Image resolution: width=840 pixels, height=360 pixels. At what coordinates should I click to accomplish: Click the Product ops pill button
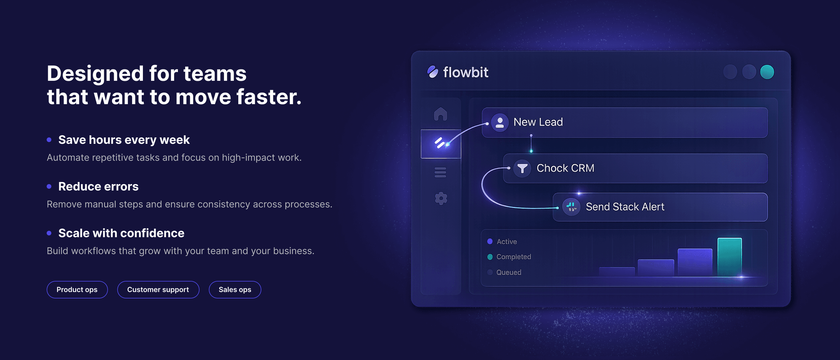[77, 290]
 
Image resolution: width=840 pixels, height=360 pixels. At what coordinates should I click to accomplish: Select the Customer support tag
[158, 290]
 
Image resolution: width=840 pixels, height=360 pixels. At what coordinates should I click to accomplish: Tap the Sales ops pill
[235, 290]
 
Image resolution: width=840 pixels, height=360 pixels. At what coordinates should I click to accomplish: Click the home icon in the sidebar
[440, 114]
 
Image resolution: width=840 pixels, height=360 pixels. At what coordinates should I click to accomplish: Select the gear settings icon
[441, 198]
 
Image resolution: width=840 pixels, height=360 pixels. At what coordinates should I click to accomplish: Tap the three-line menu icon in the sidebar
[440, 172]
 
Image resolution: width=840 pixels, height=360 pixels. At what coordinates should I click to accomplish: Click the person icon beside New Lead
[500, 122]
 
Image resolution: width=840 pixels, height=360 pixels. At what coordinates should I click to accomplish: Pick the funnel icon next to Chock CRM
[522, 168]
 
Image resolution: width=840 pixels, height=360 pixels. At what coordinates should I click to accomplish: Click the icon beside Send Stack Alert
[571, 207]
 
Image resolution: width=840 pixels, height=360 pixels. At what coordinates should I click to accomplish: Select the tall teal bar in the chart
[729, 257]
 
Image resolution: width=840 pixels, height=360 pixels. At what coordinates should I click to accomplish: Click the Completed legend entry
[513, 257]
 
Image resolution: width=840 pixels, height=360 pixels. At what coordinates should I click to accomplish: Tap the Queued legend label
[508, 272]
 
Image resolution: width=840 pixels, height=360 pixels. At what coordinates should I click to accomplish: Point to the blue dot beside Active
[490, 242]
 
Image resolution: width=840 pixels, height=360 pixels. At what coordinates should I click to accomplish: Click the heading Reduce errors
[98, 186]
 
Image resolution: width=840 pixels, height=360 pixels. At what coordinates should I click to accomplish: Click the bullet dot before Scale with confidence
[49, 233]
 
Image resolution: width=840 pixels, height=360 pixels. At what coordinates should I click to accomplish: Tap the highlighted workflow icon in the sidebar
[440, 144]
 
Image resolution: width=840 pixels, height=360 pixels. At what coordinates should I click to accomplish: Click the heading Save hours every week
[124, 140]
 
